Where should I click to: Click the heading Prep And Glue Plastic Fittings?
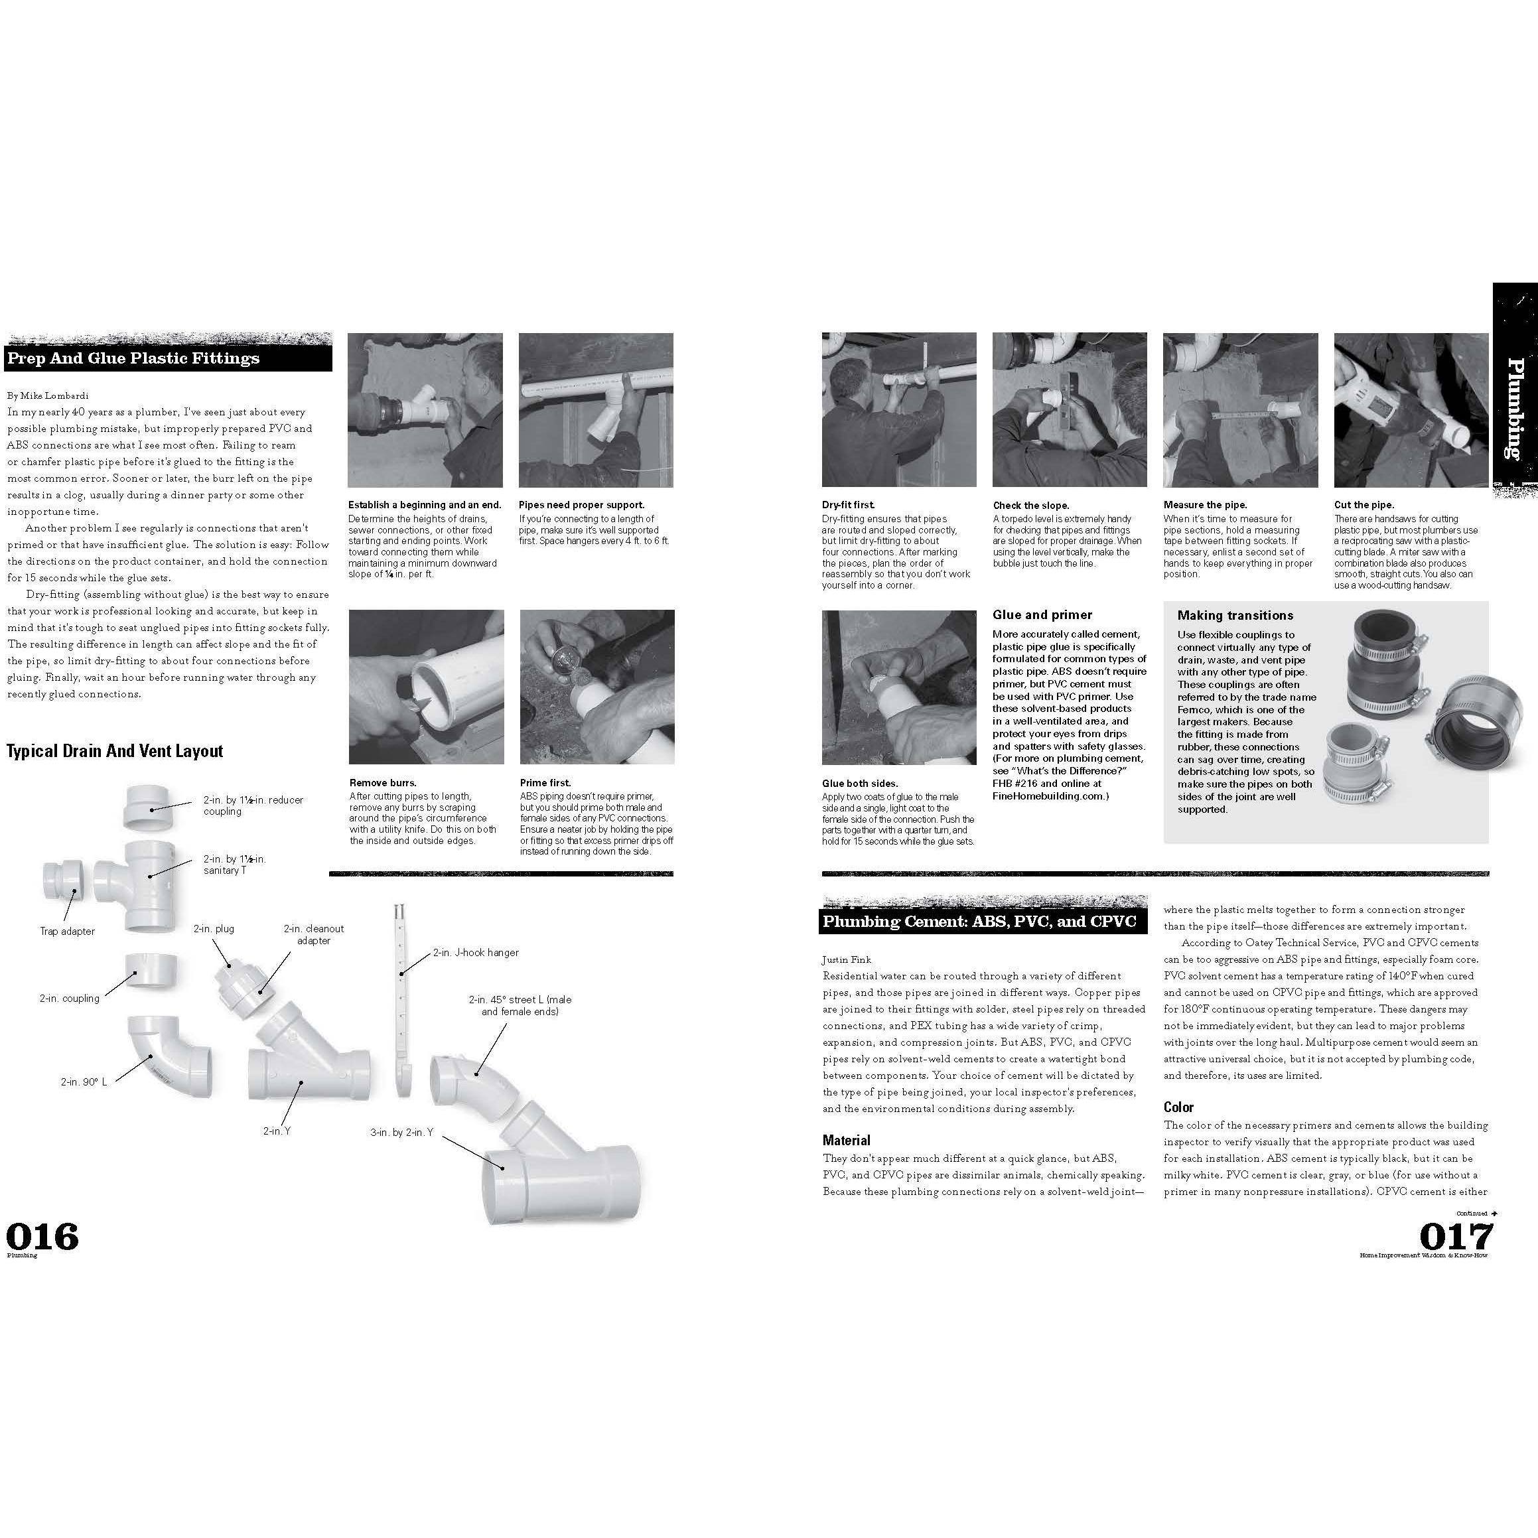(134, 358)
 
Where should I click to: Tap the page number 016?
(42, 1236)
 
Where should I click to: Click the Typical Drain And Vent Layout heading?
(115, 750)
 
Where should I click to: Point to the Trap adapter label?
(67, 931)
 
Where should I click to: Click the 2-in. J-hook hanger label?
(475, 952)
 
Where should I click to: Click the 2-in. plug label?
(214, 928)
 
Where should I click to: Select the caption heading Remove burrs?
(382, 782)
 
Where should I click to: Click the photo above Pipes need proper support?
(595, 410)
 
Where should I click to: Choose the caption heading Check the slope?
(1031, 506)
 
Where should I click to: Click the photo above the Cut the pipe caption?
(1411, 410)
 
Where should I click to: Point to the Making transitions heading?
(1235, 615)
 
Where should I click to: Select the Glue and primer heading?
(1042, 614)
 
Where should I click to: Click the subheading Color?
(1178, 1107)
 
